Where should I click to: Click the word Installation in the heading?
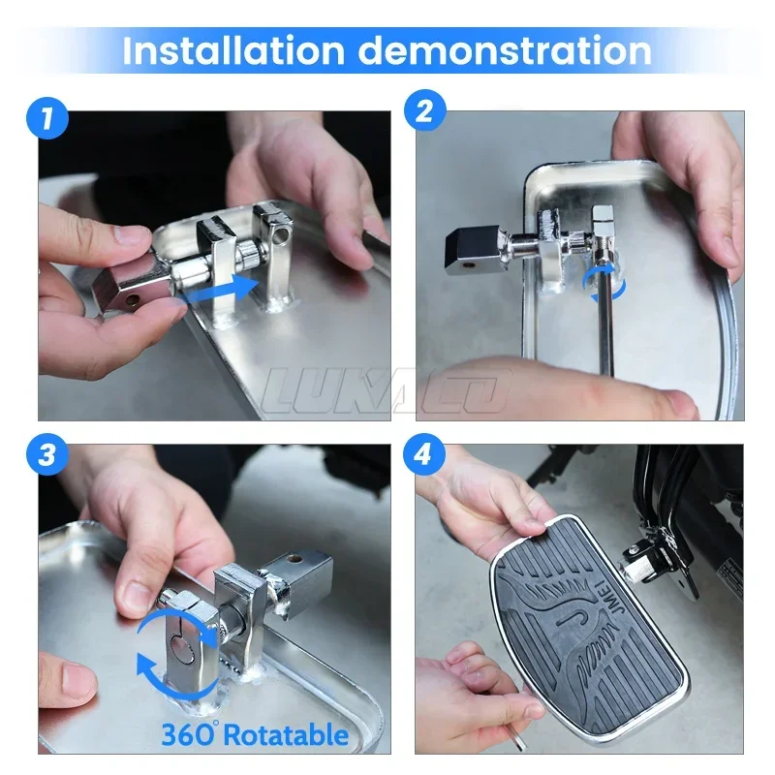232,50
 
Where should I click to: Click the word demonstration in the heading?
505,50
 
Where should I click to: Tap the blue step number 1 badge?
46,117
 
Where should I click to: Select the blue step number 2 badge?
424,109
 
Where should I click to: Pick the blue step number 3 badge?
46,453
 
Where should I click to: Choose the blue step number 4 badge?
423,453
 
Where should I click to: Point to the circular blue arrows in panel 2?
604,283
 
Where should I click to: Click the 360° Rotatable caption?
255,735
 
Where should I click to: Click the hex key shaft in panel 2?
606,316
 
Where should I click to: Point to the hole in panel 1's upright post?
282,233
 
